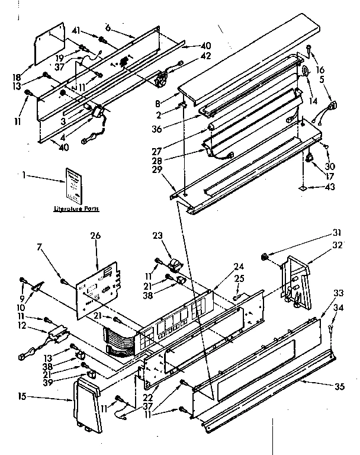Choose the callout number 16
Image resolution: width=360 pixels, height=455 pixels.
(x=320, y=69)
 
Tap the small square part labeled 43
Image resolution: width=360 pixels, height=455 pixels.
(x=303, y=188)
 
